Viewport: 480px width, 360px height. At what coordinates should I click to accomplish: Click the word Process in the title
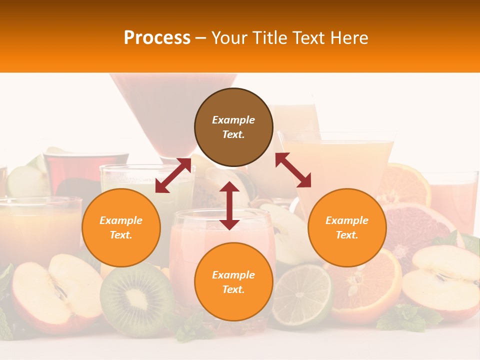point(157,38)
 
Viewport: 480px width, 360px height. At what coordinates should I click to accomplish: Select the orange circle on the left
point(121,227)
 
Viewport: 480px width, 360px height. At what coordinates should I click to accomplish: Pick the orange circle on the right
point(346,227)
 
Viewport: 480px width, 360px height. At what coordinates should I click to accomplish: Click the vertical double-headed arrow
point(229,206)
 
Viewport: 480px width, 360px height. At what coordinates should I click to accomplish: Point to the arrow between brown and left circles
point(173,175)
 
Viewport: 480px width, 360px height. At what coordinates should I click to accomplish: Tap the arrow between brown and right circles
point(293,170)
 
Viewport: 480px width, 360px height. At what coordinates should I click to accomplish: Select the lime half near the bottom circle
point(301,295)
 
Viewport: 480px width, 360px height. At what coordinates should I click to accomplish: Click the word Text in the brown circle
point(233,134)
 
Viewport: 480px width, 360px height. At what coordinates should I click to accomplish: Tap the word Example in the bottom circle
point(233,275)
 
